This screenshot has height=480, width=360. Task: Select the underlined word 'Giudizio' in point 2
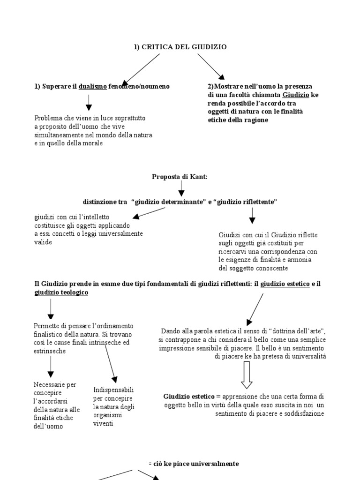tap(296, 95)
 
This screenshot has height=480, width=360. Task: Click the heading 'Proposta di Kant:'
tap(180, 177)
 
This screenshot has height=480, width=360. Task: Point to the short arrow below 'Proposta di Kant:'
tap(180, 188)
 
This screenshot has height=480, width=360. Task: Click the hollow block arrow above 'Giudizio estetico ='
tap(247, 375)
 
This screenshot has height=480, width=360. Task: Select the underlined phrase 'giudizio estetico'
tap(285, 284)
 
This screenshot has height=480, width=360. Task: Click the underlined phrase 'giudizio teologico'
tap(61, 292)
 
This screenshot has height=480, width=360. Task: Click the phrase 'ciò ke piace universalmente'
tap(195, 464)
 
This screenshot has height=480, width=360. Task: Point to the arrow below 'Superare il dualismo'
tap(89, 101)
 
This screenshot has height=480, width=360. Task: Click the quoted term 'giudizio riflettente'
tap(246, 202)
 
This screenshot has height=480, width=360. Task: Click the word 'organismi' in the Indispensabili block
tap(108, 415)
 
